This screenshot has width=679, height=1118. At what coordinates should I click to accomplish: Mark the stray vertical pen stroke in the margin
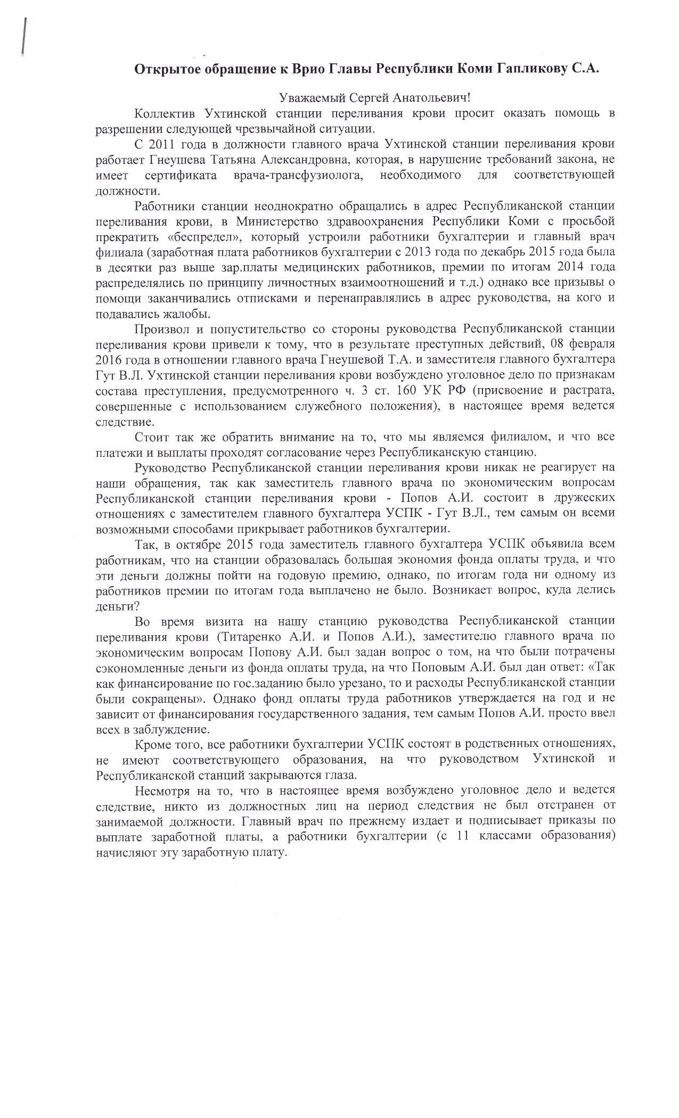point(23,36)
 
